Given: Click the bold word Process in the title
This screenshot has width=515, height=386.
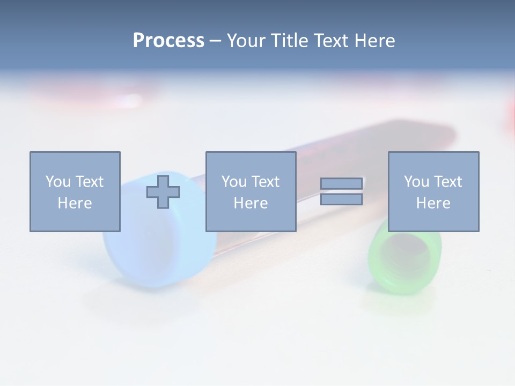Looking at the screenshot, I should (x=168, y=41).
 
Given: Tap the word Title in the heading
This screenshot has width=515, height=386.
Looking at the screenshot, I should (x=288, y=41).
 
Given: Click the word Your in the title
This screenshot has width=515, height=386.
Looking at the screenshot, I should (x=247, y=41).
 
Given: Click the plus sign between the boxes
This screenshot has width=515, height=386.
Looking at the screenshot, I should (x=163, y=190).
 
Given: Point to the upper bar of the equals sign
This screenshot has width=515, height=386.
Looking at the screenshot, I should (x=341, y=184).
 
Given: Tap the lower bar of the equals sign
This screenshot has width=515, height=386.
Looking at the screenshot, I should (x=341, y=199).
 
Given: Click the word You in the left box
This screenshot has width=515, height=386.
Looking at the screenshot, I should (x=58, y=182).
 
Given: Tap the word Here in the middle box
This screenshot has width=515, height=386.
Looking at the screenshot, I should (x=251, y=203).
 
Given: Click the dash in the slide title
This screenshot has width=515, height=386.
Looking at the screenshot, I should (x=216, y=41).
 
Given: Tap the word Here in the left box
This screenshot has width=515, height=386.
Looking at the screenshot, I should (x=75, y=203).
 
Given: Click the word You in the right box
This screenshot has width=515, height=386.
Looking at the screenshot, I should (x=416, y=182).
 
